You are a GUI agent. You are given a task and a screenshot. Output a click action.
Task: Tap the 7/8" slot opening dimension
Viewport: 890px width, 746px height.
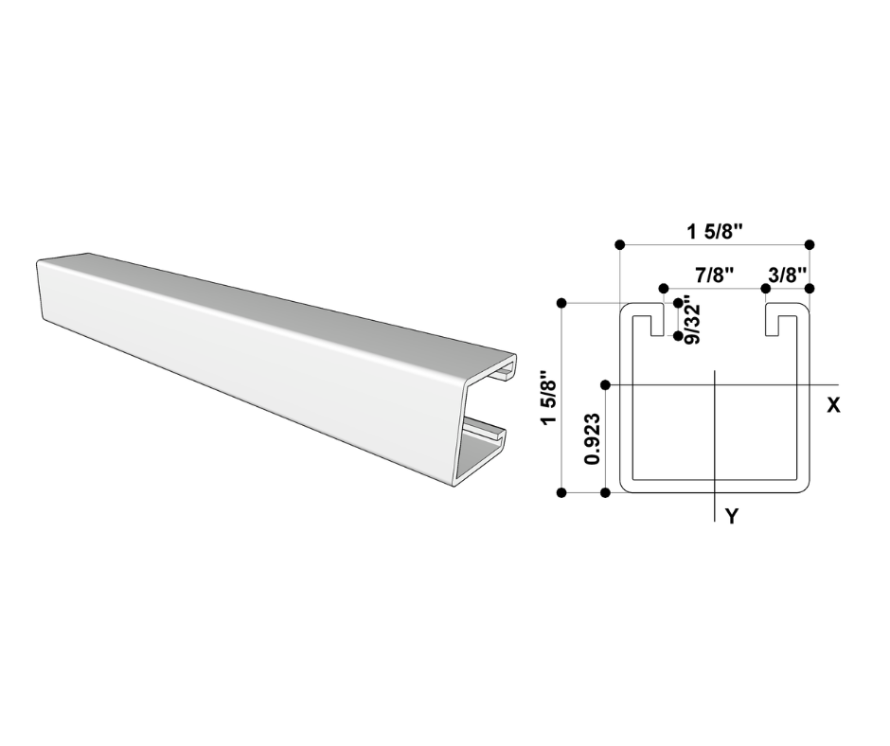(x=715, y=275)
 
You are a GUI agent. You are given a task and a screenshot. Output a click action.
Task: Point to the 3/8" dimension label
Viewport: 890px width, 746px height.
(x=788, y=275)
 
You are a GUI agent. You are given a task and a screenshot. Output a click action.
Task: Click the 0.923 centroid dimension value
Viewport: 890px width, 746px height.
(x=593, y=439)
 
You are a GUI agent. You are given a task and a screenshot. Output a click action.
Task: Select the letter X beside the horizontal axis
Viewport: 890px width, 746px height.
(x=833, y=405)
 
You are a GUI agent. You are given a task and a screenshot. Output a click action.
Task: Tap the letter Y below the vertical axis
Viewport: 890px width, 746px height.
(x=731, y=516)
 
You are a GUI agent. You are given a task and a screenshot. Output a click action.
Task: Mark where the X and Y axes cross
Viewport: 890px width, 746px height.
(x=716, y=384)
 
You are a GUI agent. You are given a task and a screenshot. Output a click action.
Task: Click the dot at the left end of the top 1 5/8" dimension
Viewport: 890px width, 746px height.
(x=619, y=244)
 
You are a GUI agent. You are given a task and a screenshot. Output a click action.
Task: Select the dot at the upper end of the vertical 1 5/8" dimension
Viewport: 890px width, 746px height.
(x=561, y=303)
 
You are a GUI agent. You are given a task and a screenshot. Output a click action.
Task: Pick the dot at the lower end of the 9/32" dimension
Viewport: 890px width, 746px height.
(x=678, y=336)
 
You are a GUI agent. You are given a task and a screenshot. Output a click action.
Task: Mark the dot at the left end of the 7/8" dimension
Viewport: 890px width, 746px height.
(x=664, y=287)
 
